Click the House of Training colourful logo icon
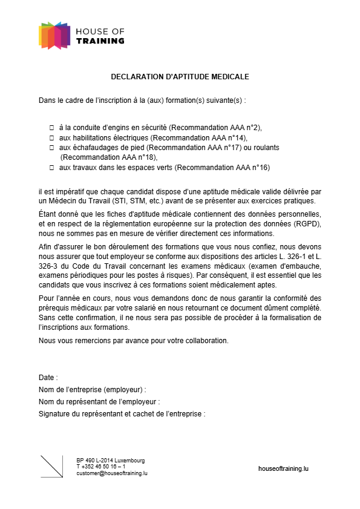pos(54,36)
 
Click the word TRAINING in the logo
pos(100,41)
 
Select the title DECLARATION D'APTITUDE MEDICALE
pos(180,77)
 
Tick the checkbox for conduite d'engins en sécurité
pos(51,128)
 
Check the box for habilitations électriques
pos(51,137)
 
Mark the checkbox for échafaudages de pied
pos(51,147)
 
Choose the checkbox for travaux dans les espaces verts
pos(51,166)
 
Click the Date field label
pos(48,377)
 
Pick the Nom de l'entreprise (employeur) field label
pos(92,389)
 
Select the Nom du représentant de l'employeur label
pos(99,401)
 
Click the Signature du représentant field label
pos(122,414)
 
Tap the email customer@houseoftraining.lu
pos(112,473)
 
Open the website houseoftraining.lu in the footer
pos(283,468)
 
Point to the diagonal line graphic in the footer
pos(51,466)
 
